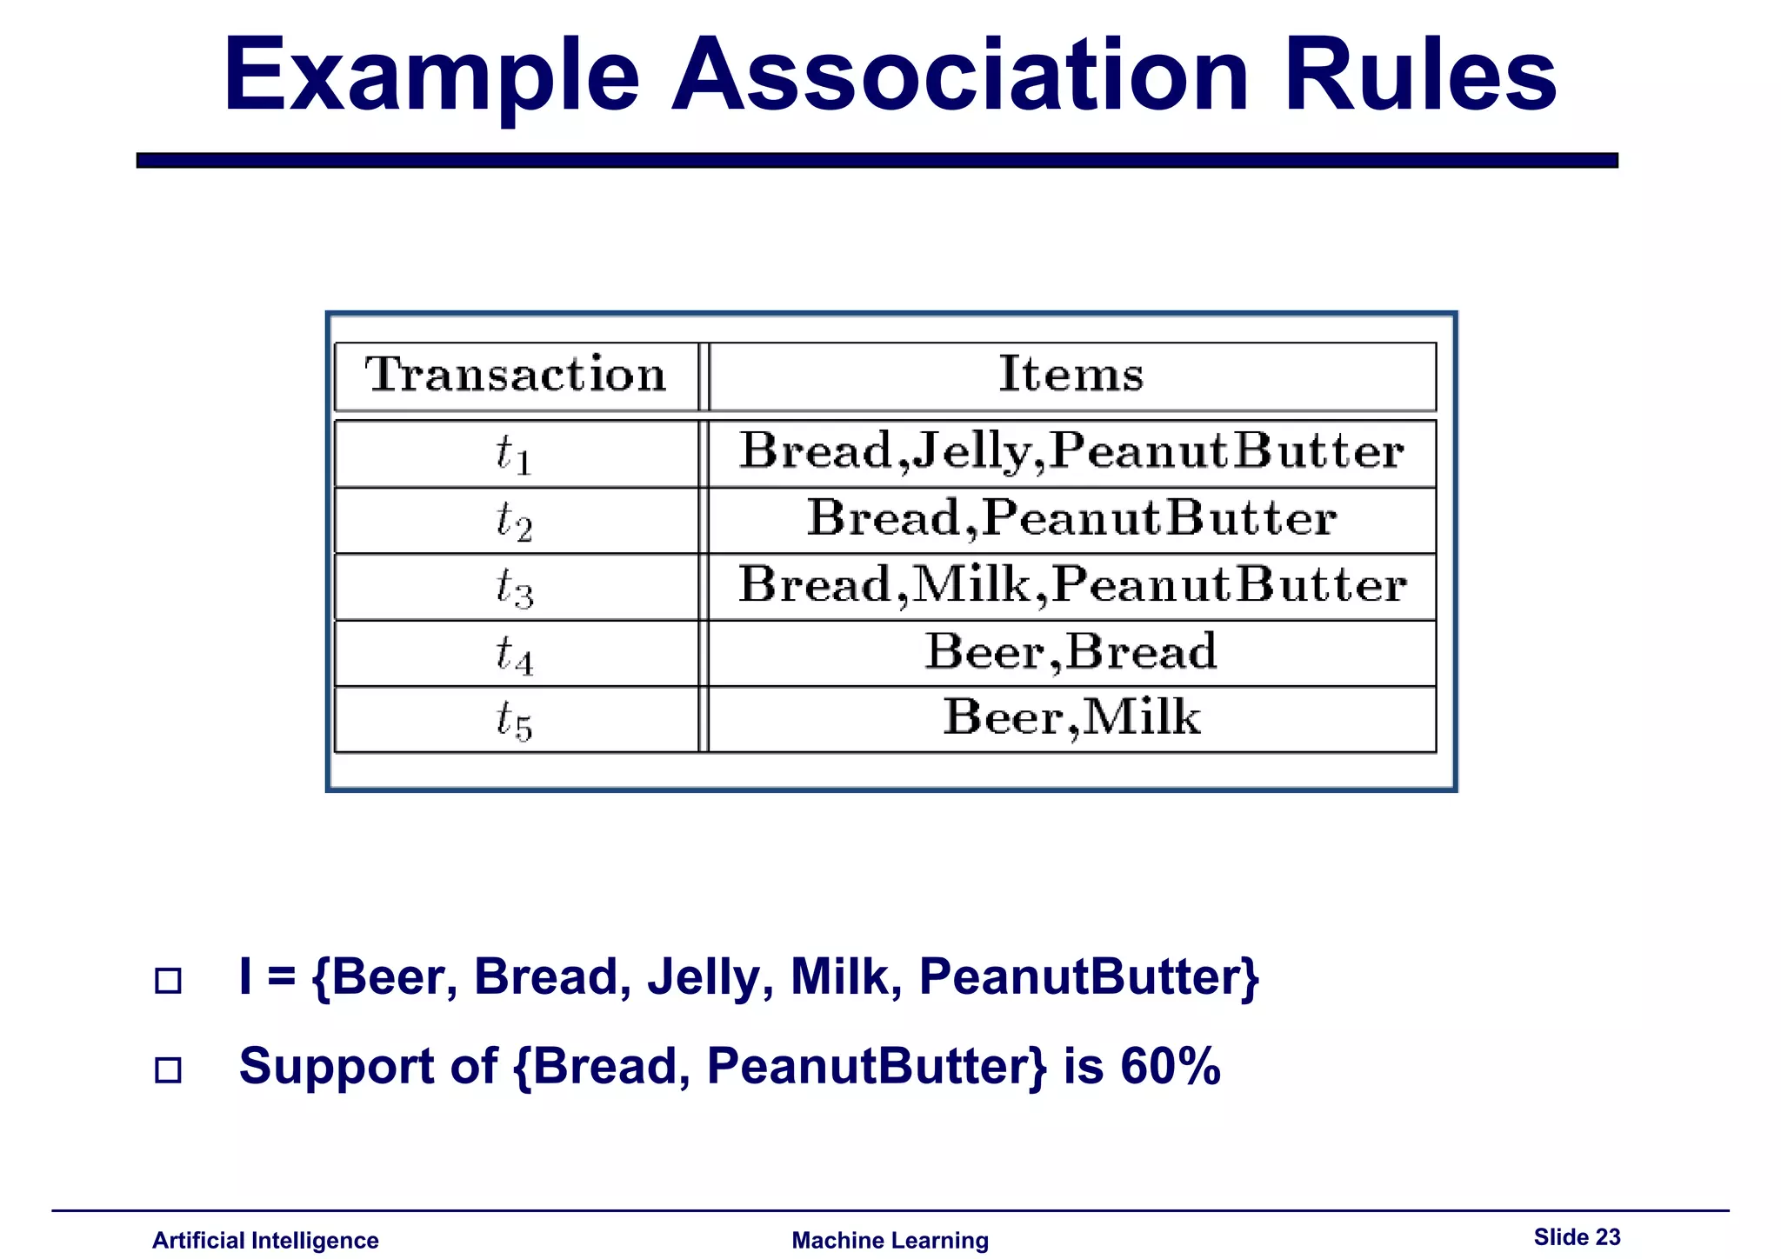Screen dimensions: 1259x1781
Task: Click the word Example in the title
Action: pyautogui.click(x=432, y=77)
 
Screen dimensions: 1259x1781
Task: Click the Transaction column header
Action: pyautogui.click(x=516, y=376)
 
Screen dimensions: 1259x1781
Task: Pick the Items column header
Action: pyautogui.click(x=1071, y=375)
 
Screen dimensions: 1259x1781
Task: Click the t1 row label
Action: pyautogui.click(x=514, y=454)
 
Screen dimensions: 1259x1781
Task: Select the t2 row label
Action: pyautogui.click(x=514, y=521)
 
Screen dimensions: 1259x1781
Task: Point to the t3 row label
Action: pyautogui.click(x=514, y=587)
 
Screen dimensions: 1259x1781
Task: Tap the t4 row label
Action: pyautogui.click(x=514, y=654)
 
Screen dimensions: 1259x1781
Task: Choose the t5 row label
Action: pyautogui.click(x=514, y=720)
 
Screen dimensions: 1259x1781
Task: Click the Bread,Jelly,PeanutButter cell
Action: pyautogui.click(x=1071, y=452)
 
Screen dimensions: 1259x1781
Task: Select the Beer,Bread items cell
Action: pyautogui.click(x=1071, y=652)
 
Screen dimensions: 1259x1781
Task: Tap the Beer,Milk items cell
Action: pyautogui.click(x=1071, y=718)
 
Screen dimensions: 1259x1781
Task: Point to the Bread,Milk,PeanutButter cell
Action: pyautogui.click(x=1071, y=585)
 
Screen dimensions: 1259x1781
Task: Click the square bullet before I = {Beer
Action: pyautogui.click(x=168, y=981)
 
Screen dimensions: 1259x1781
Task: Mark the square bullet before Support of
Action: pyautogui.click(x=168, y=1069)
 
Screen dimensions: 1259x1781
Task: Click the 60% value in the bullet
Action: pyautogui.click(x=1171, y=1066)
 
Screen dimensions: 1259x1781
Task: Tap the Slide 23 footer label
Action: pyautogui.click(x=1577, y=1236)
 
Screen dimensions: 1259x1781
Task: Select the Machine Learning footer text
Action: pyautogui.click(x=890, y=1240)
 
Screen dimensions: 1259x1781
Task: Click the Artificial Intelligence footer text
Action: pyautogui.click(x=265, y=1240)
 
